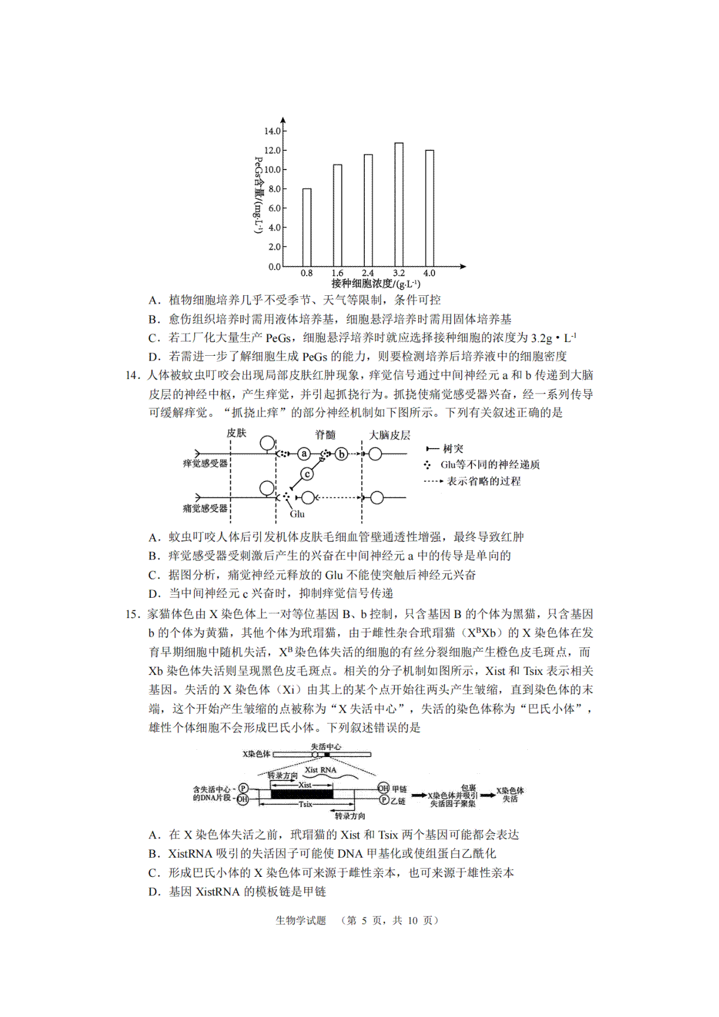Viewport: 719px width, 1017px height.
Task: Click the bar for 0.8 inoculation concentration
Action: click(307, 228)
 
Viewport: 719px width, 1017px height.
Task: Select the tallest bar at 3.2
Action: click(398, 205)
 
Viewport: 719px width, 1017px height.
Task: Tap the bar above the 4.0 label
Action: click(430, 208)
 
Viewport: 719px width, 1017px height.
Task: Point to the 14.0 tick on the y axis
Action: click(273, 131)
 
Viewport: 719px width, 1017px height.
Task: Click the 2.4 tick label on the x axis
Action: click(368, 273)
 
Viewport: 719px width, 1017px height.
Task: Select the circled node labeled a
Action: click(304, 454)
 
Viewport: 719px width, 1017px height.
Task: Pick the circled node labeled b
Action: click(341, 454)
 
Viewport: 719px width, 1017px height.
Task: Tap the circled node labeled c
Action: click(307, 474)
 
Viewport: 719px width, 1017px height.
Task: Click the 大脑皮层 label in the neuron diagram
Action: click(389, 435)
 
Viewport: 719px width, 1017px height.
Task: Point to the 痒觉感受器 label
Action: click(206, 464)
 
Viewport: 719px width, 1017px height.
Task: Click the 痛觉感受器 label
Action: click(206, 509)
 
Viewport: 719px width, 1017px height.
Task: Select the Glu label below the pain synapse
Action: click(297, 514)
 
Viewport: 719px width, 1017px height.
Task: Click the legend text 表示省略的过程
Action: click(484, 481)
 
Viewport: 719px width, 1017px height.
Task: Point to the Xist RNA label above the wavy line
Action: click(321, 770)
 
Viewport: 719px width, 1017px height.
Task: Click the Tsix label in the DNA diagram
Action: click(306, 804)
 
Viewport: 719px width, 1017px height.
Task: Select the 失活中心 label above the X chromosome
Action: click(326, 747)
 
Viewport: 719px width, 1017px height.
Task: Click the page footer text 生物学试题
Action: click(301, 921)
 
